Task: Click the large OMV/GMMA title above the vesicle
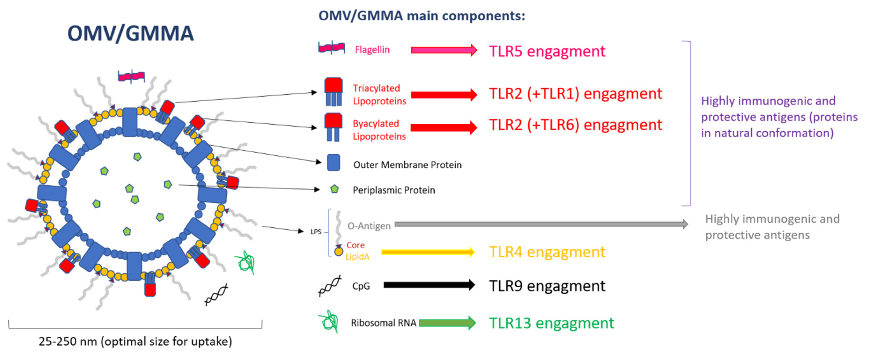pyautogui.click(x=131, y=33)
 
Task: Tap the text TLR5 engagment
pyautogui.click(x=547, y=51)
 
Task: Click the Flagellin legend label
pyautogui.click(x=372, y=50)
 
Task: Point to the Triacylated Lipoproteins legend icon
pyautogui.click(x=333, y=92)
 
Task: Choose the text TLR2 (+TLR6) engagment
pyautogui.click(x=575, y=125)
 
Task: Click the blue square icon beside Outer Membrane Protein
pyautogui.click(x=333, y=163)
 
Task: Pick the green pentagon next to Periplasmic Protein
pyautogui.click(x=334, y=189)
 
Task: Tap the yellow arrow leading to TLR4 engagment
pyautogui.click(x=428, y=252)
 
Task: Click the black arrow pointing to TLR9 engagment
pyautogui.click(x=429, y=285)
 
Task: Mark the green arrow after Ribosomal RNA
pyautogui.click(x=447, y=323)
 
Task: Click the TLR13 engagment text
pyautogui.click(x=552, y=323)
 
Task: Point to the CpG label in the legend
pyautogui.click(x=361, y=286)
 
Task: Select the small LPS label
pyautogui.click(x=316, y=232)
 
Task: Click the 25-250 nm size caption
pyautogui.click(x=135, y=342)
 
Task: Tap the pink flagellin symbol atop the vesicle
pyautogui.click(x=131, y=76)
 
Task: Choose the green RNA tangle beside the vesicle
pyautogui.click(x=246, y=262)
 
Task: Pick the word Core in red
pyautogui.click(x=356, y=245)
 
